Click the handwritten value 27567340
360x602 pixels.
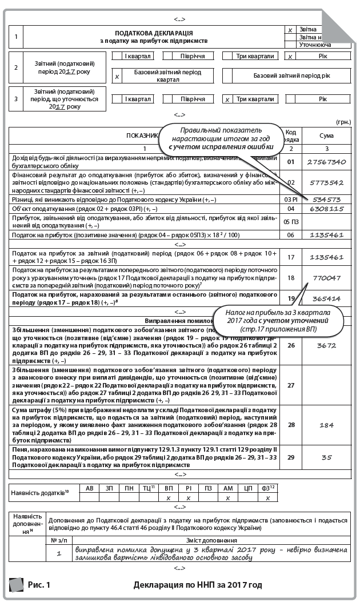click(x=326, y=162)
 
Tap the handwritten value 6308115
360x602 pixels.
click(x=326, y=209)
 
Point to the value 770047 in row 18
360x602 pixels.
click(x=326, y=278)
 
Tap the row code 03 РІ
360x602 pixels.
click(x=291, y=200)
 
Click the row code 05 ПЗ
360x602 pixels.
click(x=291, y=221)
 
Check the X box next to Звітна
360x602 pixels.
click(x=290, y=30)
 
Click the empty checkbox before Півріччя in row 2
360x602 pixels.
click(x=168, y=56)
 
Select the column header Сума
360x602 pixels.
click(x=326, y=135)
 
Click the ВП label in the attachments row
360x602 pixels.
click(x=168, y=488)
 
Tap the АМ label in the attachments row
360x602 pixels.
click(x=228, y=488)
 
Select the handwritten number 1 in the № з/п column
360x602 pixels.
click(x=59, y=553)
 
